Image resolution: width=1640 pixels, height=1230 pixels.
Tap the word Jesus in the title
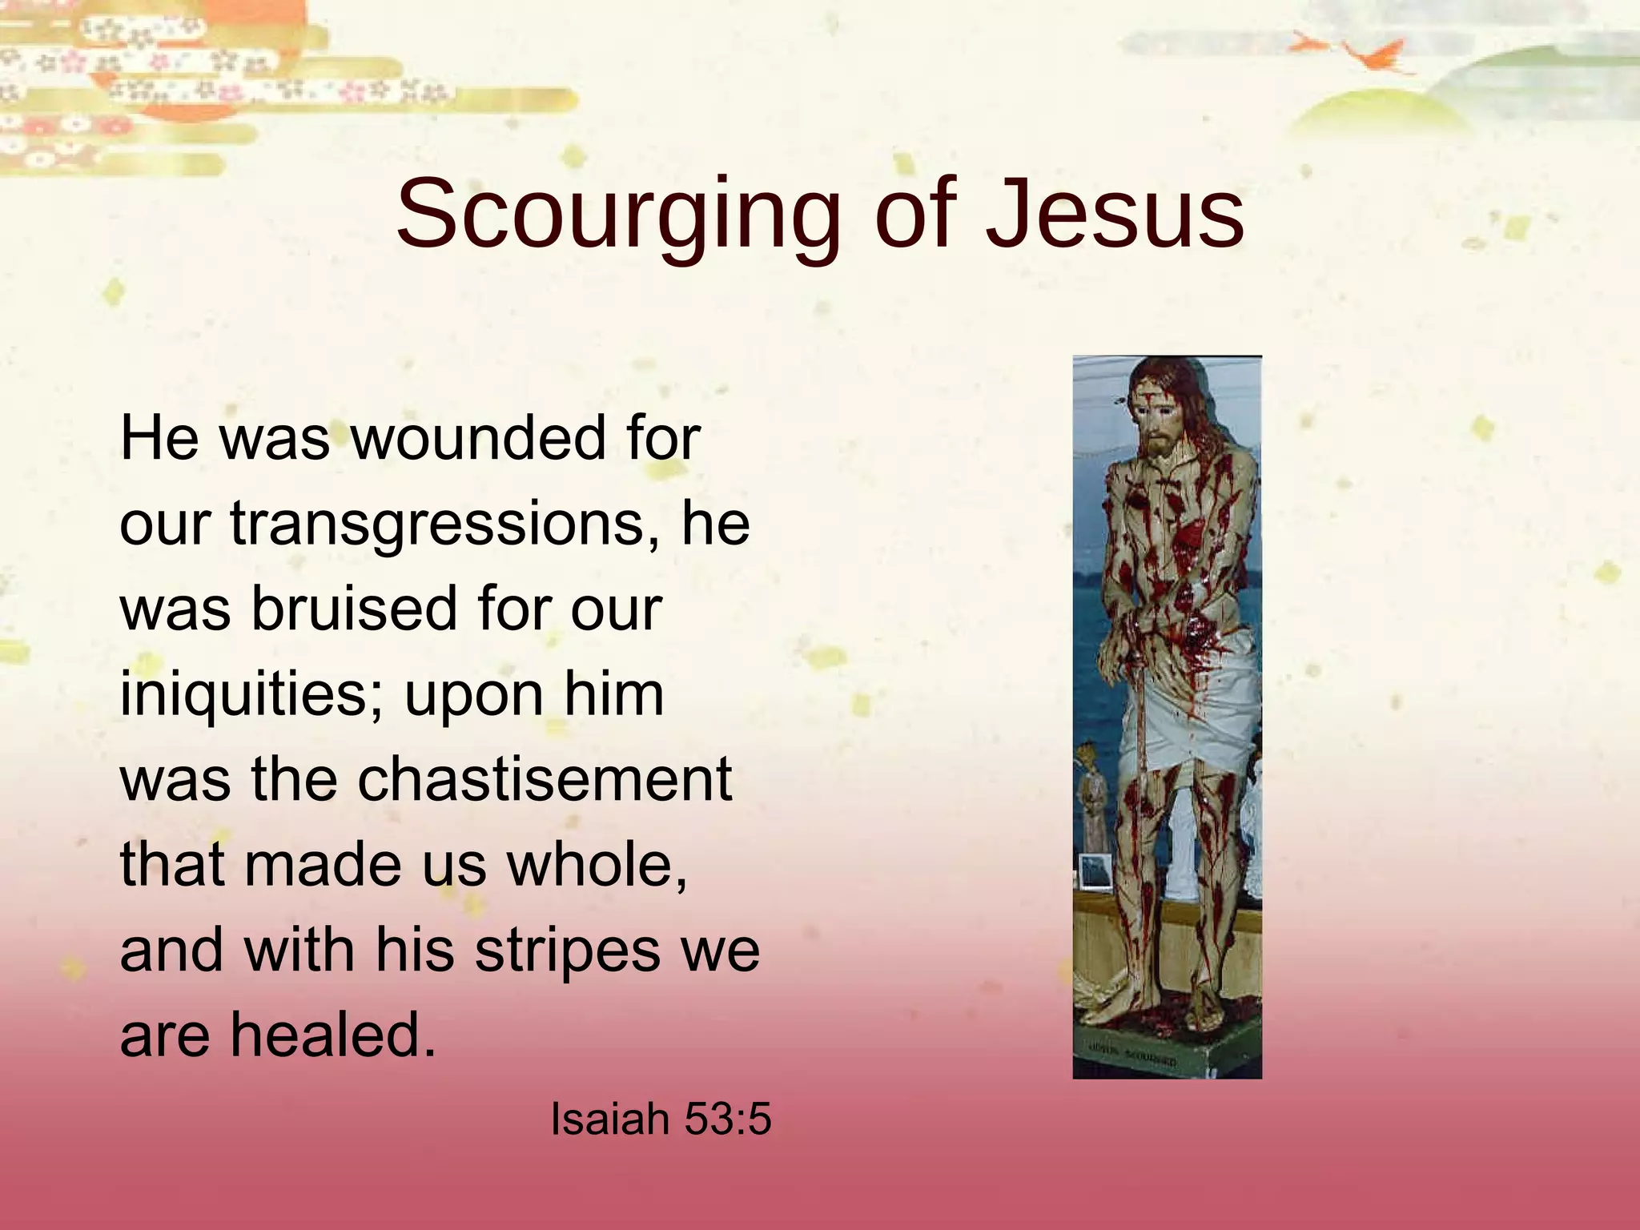click(x=1114, y=215)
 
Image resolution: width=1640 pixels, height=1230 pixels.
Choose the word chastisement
click(x=545, y=780)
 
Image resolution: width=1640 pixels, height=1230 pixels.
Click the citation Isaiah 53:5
click(x=661, y=1119)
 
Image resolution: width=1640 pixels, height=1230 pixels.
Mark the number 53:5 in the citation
click(x=727, y=1119)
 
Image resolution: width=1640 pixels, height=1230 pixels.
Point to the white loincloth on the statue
click(x=1185, y=705)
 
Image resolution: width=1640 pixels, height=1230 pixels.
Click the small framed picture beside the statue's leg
click(x=1095, y=871)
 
